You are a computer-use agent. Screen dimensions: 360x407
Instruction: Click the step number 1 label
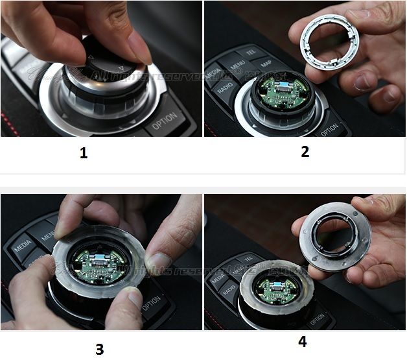click(83, 154)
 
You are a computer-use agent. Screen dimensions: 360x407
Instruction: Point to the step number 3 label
click(99, 348)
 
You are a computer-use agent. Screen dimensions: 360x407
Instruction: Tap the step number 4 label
click(302, 341)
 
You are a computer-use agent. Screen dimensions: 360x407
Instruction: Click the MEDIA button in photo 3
click(23, 246)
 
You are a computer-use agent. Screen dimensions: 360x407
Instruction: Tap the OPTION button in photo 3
click(150, 303)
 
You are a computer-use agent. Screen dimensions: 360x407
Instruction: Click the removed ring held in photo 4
click(330, 234)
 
